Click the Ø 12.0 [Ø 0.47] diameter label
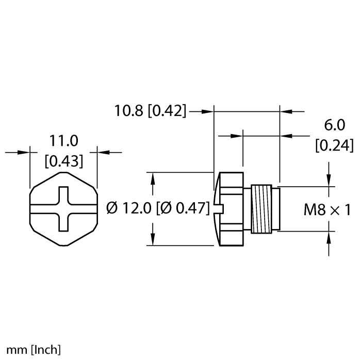point(158,208)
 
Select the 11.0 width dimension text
point(63,141)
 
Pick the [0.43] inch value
point(63,161)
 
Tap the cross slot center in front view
point(63,208)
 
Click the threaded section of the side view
point(261,208)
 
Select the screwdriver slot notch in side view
point(217,208)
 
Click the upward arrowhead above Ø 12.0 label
point(153,178)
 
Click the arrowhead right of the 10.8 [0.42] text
point(207,111)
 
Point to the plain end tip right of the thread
point(276,208)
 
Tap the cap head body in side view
point(232,208)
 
